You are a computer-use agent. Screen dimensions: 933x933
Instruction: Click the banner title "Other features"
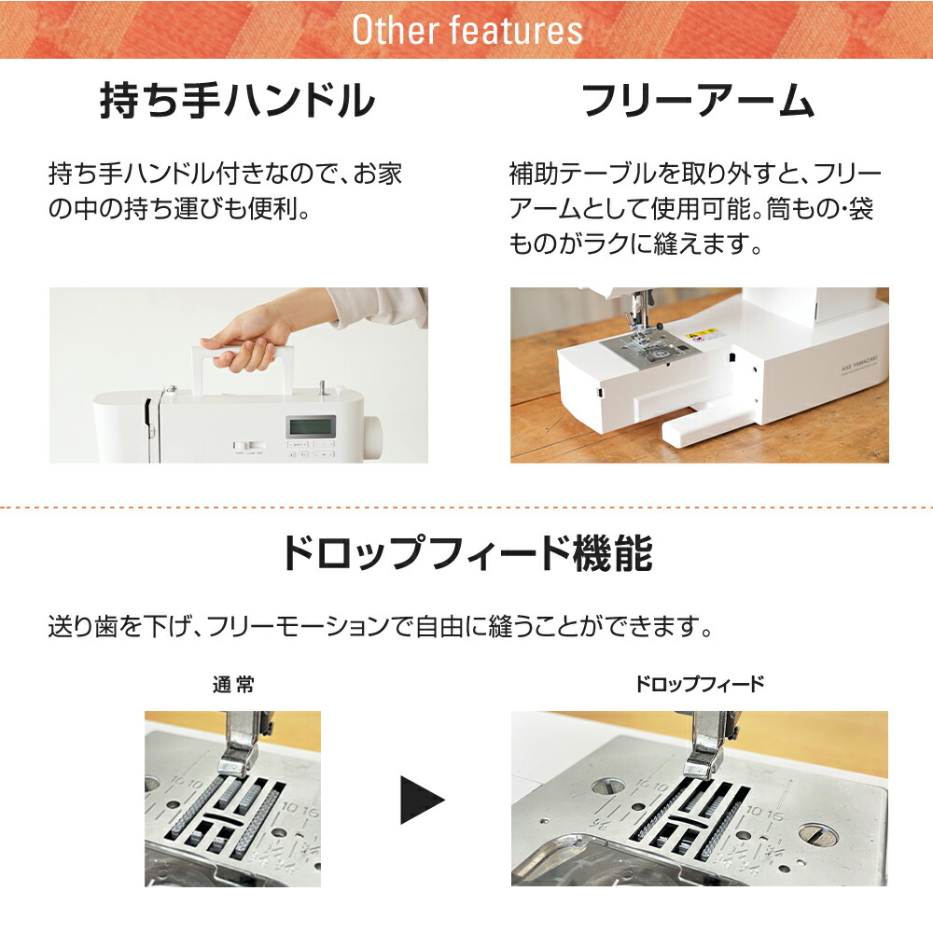tap(466, 30)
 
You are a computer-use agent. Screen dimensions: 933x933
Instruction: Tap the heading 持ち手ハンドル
tap(237, 102)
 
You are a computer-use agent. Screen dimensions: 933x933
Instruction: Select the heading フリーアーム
tap(698, 102)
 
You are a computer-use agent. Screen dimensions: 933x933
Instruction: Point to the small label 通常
tap(232, 685)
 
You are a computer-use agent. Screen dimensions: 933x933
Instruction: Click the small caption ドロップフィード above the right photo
tap(699, 685)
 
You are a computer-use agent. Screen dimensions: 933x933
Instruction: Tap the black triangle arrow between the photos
tap(422, 800)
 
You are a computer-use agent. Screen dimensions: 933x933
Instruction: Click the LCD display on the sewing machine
tap(310, 427)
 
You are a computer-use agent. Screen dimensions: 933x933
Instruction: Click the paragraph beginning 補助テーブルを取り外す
tap(695, 209)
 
